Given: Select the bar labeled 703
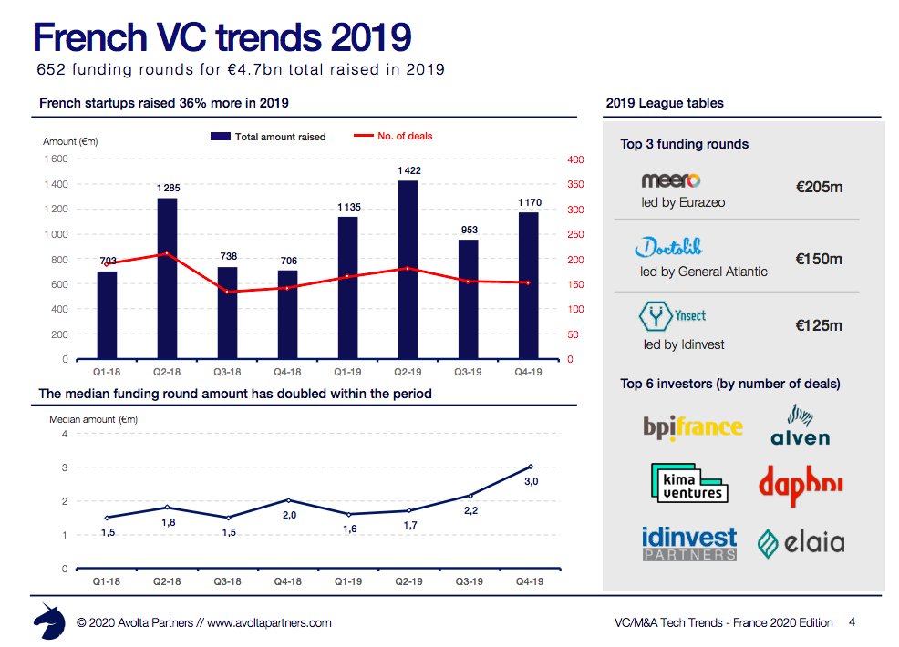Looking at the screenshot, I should (108, 314).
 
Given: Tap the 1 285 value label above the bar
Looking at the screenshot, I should (167, 188).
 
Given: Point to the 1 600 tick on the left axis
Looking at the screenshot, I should (56, 159).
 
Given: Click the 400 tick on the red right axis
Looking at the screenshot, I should (574, 160).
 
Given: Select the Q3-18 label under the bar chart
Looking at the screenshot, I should (227, 372).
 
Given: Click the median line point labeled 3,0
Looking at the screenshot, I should (530, 467).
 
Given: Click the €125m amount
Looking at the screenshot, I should (819, 325).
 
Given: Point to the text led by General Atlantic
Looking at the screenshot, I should (704, 272).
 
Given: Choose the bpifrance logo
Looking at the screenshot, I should (692, 426).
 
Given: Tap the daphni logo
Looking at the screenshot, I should (800, 486).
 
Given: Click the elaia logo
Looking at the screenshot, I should (801, 544).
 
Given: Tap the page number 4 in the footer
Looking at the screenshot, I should (852, 622).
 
